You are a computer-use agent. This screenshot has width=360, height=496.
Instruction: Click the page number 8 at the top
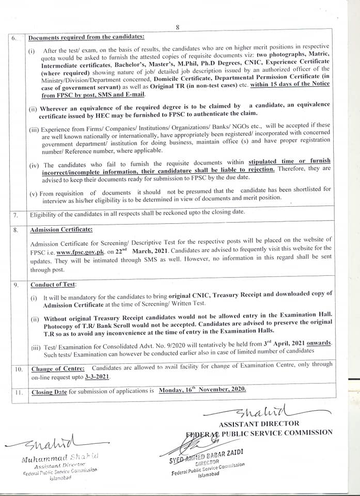(x=177, y=27)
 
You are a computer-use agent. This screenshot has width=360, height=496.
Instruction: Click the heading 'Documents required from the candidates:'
(x=86, y=38)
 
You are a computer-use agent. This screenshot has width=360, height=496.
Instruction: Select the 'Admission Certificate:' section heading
(x=61, y=229)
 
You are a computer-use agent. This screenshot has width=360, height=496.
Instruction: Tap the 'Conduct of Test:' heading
(x=54, y=285)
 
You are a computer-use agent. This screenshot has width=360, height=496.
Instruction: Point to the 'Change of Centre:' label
(x=58, y=369)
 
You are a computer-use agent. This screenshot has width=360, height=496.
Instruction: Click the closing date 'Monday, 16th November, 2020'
(x=202, y=391)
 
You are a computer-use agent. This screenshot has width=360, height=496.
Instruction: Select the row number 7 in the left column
(x=16, y=214)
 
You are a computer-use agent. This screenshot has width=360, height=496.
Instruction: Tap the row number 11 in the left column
(x=18, y=392)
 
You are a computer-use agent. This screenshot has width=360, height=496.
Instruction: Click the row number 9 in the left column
(x=17, y=285)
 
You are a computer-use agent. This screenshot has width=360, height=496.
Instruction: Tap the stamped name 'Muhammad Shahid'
(x=61, y=458)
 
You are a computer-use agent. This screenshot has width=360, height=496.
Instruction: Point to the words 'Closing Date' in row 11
(x=49, y=392)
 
